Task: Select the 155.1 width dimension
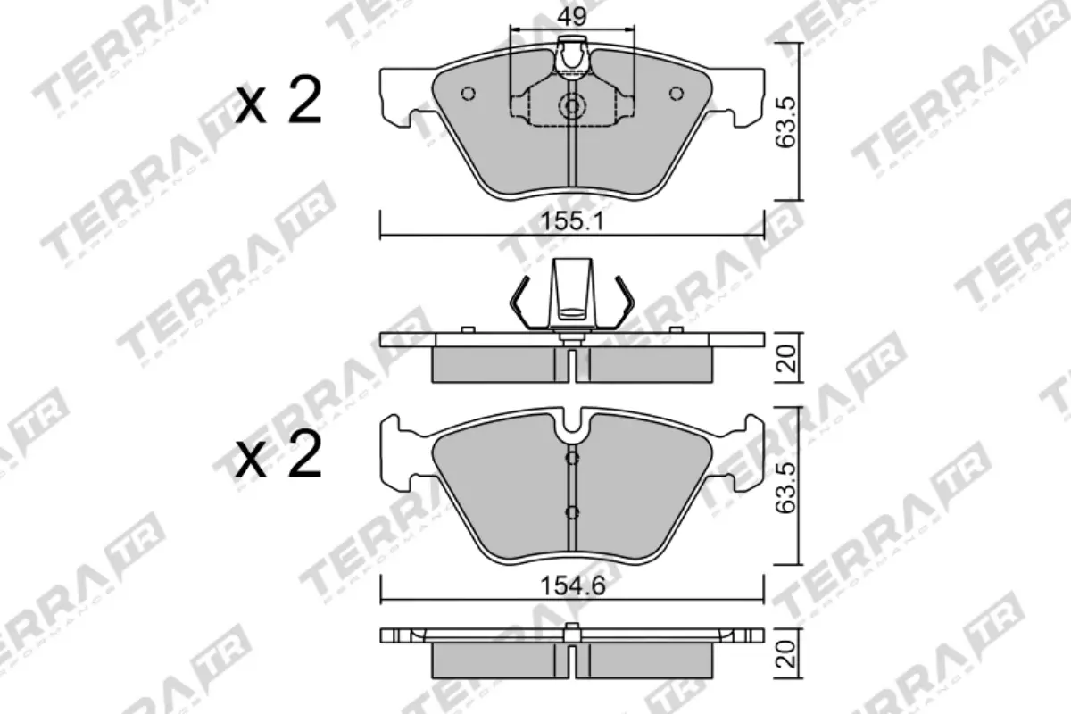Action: point(572,223)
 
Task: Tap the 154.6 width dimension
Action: point(572,586)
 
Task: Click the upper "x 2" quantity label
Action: point(278,104)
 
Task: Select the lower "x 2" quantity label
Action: point(278,459)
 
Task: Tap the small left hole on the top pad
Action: point(468,93)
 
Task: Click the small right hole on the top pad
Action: point(676,93)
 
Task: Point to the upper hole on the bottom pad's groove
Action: point(572,458)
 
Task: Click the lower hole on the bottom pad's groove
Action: point(572,512)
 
